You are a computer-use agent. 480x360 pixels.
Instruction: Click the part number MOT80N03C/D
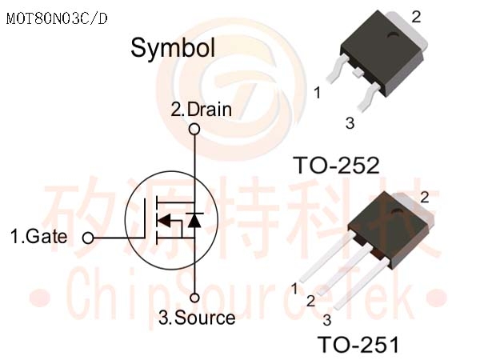coord(57,18)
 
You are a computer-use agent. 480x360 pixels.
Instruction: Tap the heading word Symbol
coord(173,48)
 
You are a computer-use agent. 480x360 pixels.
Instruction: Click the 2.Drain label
coord(201,110)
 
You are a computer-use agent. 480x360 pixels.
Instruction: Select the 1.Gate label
coord(39,236)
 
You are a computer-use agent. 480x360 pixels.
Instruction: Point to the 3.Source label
coord(197,318)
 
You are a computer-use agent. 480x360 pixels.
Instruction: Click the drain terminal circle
coord(194,129)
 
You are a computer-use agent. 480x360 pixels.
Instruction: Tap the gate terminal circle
coord(88,238)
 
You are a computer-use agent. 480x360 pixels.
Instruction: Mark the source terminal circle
coord(194,298)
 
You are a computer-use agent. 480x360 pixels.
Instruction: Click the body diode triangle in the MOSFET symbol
coord(194,220)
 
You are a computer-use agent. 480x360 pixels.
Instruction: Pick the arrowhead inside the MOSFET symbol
coord(164,221)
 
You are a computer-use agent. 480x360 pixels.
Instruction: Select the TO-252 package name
coord(337,166)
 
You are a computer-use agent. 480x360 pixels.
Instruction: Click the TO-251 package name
coord(358,344)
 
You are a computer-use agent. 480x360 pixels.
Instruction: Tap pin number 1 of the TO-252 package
coord(318,93)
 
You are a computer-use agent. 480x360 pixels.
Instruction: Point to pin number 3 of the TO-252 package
coord(350,123)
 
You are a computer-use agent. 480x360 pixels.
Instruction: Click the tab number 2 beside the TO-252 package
coord(416,17)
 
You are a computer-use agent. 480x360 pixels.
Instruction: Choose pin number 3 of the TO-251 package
coord(327,320)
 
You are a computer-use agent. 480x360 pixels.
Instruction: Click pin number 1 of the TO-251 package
coord(294,289)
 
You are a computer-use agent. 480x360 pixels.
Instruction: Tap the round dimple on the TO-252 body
coord(393,35)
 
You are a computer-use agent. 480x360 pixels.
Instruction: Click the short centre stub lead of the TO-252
coord(357,73)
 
